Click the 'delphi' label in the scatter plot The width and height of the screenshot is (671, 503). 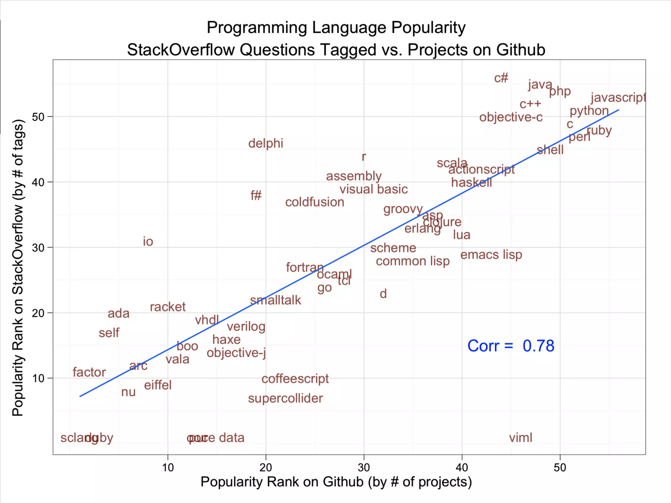tap(265, 143)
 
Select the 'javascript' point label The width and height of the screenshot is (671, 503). tap(618, 98)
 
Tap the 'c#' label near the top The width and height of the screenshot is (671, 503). tap(501, 78)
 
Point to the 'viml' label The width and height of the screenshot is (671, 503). tap(520, 438)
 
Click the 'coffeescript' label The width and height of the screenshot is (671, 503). tap(295, 379)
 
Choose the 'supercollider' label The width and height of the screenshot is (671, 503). tap(285, 399)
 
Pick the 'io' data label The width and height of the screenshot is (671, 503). tap(148, 242)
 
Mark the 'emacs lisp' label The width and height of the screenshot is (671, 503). tap(491, 255)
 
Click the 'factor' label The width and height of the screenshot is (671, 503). tap(89, 372)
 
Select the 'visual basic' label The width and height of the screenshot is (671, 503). tap(374, 189)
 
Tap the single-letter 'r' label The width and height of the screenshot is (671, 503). tap(364, 157)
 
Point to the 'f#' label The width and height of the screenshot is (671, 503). tap(256, 196)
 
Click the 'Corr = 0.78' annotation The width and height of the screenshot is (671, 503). tap(510, 346)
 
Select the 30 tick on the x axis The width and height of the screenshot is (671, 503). tap(364, 467)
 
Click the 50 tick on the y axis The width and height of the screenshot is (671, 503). tap(38, 117)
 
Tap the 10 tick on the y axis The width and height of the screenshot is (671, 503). tap(38, 378)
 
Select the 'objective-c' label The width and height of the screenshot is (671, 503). tap(510, 117)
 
